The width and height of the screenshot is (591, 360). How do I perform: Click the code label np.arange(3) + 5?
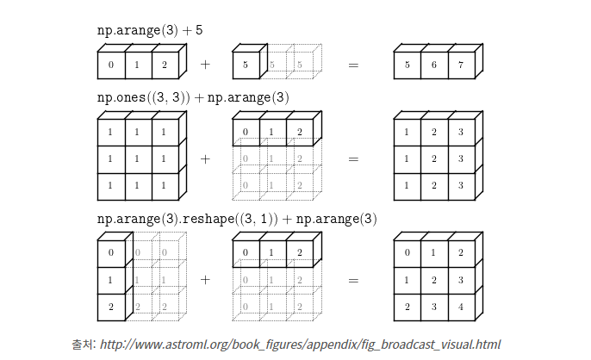coord(150,30)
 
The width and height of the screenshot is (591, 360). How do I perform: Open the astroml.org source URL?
coord(300,344)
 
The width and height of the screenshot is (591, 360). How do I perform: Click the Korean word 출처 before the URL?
coord(83,344)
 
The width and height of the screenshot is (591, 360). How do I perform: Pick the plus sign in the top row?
coord(205,65)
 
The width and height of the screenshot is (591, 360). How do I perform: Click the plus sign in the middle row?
coord(205,158)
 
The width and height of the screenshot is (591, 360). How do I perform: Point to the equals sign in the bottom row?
coord(353,280)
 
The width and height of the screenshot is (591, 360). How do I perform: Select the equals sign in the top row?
coord(353,65)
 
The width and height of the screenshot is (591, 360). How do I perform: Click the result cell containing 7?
coord(461,65)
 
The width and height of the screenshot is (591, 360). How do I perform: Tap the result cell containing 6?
coord(433,65)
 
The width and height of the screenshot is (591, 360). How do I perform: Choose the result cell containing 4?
coord(461,307)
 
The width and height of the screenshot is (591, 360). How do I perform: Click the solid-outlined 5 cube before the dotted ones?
coord(246,65)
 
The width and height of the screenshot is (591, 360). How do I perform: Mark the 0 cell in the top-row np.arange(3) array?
coord(111,65)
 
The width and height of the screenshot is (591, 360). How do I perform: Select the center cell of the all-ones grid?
coord(138,159)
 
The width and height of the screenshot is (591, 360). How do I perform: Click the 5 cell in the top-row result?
coord(407,65)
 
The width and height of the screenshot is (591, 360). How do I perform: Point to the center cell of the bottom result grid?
coord(433,280)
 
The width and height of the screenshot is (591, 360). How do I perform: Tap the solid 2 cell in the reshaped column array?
coord(111,307)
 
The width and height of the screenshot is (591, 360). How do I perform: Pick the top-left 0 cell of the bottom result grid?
coord(407,253)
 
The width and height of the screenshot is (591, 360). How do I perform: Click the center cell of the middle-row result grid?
coord(433,159)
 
